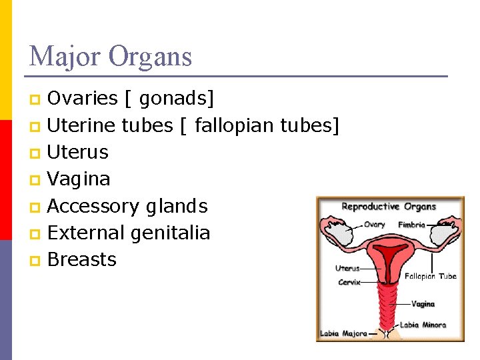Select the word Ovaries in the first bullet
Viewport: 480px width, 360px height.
[83, 99]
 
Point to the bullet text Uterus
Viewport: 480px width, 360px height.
[78, 152]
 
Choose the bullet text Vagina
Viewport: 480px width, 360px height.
[79, 179]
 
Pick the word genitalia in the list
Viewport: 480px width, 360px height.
[170, 233]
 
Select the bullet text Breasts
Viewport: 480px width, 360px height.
[82, 259]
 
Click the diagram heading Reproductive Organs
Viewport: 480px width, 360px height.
[389, 207]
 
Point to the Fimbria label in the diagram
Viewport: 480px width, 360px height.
[411, 225]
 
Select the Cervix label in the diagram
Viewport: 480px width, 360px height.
[349, 282]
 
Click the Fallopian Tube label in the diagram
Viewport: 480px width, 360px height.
[430, 276]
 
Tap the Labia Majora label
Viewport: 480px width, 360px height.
[343, 333]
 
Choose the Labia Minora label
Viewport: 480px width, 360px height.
[423, 325]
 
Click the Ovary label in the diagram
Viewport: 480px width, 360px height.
[374, 225]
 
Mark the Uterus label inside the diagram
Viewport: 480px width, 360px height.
[347, 268]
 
